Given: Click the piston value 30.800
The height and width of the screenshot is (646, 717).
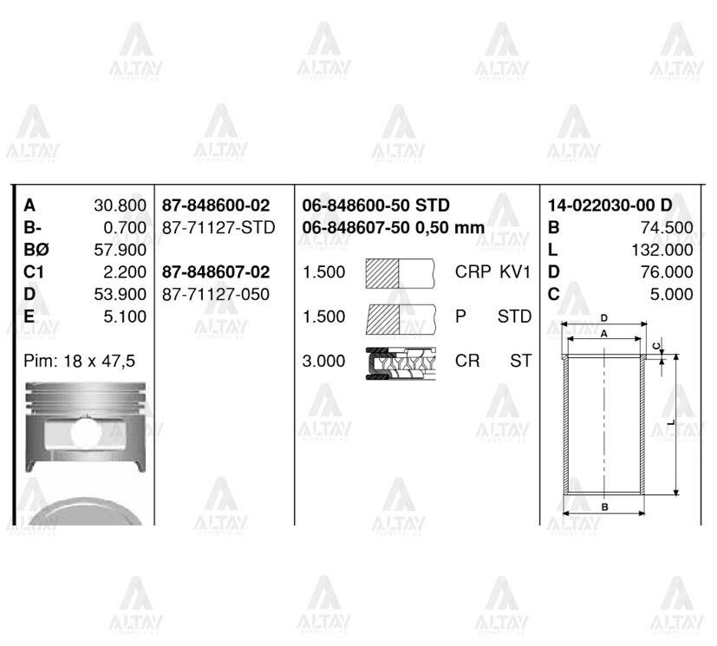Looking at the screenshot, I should click(120, 206).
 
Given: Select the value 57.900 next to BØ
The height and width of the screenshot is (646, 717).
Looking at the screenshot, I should click(120, 251).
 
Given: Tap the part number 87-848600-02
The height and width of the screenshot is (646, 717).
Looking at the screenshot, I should click(216, 206).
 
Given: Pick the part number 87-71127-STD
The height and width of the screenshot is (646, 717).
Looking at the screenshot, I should click(218, 228).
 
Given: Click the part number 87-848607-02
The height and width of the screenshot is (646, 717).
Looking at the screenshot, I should click(216, 272).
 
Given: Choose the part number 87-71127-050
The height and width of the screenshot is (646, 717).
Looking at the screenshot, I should click(216, 295).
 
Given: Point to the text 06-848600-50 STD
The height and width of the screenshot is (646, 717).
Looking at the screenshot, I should click(375, 206).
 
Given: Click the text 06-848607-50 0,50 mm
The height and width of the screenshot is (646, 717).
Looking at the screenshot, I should click(393, 228).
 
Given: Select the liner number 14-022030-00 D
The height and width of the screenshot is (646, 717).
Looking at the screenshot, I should click(609, 206).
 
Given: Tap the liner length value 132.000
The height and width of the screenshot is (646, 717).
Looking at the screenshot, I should click(663, 251).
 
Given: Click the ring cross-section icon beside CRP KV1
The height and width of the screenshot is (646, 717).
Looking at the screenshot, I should click(400, 272).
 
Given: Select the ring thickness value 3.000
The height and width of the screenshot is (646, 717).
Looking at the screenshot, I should click(323, 361).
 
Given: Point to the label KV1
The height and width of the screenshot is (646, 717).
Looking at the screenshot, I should click(515, 272).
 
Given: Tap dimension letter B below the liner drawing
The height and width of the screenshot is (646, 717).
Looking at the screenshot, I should click(603, 506).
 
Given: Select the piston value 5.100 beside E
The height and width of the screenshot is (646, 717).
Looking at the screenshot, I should click(125, 317).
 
